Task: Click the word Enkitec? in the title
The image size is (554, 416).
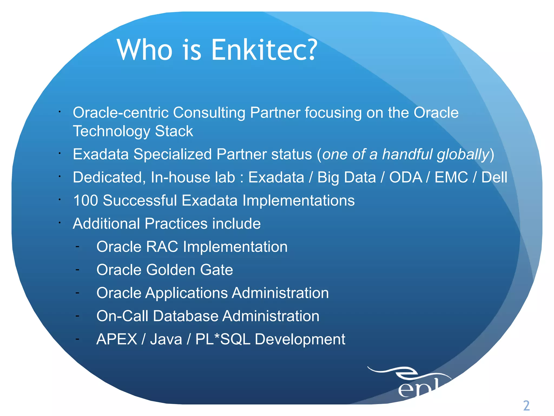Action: click(264, 50)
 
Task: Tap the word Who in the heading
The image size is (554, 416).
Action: click(145, 50)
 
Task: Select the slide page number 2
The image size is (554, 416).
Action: click(526, 405)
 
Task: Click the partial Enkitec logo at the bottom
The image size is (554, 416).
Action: click(417, 385)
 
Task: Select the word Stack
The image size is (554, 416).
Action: click(174, 131)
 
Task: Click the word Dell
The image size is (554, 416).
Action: click(494, 178)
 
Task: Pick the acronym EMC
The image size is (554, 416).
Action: click(451, 178)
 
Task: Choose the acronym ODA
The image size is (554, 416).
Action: click(406, 178)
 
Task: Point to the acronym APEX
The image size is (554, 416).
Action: click(117, 339)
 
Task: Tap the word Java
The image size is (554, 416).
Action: click(166, 339)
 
